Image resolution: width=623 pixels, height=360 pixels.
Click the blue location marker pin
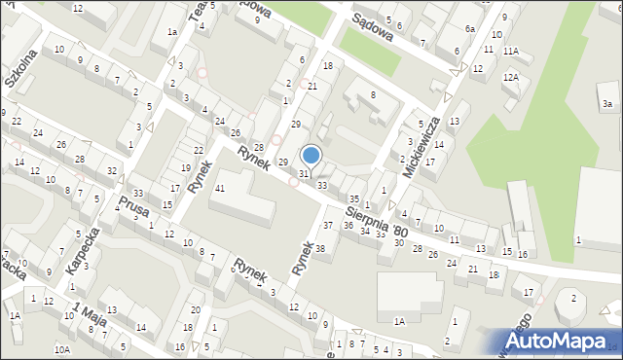[x=311, y=156]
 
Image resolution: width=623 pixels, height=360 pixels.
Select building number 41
[x=221, y=188]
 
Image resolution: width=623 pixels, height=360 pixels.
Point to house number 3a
[x=607, y=103]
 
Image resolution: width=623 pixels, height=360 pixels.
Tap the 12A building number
[x=510, y=77]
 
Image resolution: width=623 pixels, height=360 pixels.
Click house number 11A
[x=511, y=51]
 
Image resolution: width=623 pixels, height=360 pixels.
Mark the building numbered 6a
[x=469, y=29]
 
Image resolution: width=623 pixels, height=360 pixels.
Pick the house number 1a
[x=171, y=32]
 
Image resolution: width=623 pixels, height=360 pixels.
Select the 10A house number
[x=62, y=348]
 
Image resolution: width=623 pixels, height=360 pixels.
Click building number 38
[x=318, y=248]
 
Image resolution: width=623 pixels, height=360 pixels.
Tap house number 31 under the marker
[x=304, y=173]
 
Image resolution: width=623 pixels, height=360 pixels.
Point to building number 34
[x=364, y=232]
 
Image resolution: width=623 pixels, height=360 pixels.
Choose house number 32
[x=112, y=171]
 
